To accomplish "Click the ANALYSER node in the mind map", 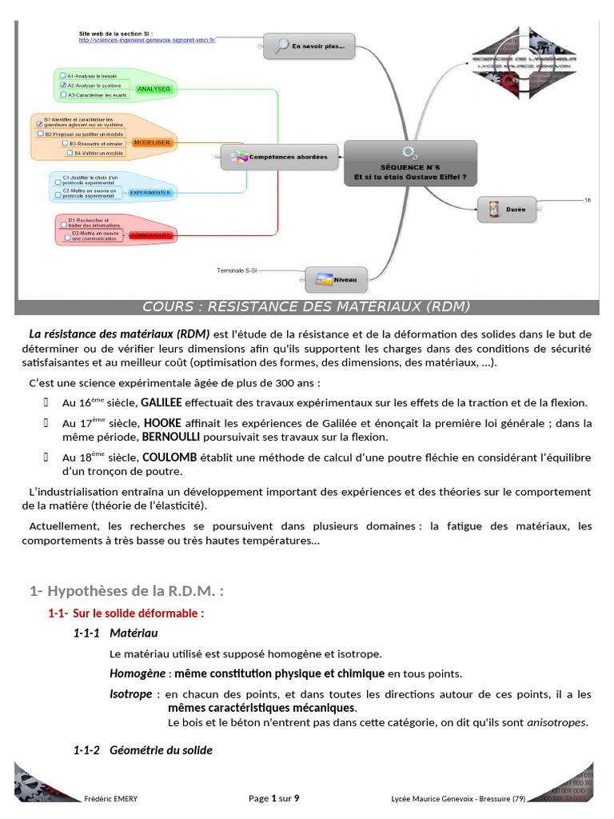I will (154, 89).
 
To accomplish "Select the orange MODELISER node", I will (153, 142).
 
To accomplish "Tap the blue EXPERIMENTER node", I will (150, 193).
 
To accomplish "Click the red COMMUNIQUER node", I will (151, 235).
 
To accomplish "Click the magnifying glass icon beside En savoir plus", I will (281, 46).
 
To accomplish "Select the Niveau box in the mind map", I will (337, 280).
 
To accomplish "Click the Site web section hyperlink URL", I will (147, 39).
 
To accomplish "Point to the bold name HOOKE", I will (162, 423).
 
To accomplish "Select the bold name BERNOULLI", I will (177, 437).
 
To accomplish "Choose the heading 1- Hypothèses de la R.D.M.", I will (126, 592).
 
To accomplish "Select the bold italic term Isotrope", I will (130, 694).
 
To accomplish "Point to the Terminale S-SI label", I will (237, 270).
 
